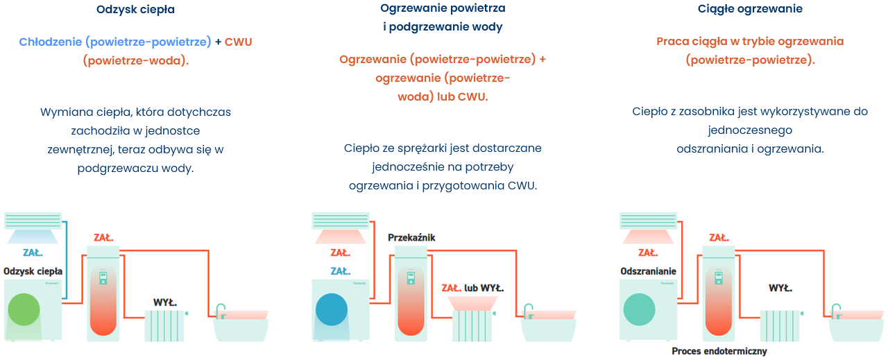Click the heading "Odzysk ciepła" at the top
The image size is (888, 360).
pos(135,10)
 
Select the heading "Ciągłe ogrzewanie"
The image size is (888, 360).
pos(750,9)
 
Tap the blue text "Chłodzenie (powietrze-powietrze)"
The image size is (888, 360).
pos(115,42)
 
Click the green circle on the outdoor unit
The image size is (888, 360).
pos(24,309)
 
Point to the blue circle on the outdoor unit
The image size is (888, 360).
pos(332,309)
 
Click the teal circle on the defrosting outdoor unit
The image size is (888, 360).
pos(639,309)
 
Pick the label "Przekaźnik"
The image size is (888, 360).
pos(411,238)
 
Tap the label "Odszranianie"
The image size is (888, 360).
pos(648,271)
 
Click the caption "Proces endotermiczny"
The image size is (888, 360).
pos(719,351)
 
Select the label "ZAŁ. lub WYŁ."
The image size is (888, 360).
pos(472,288)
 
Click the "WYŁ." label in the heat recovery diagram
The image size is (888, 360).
pos(165,302)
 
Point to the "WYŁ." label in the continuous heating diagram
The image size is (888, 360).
pos(780,288)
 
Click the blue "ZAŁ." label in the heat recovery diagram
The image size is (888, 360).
pos(33,253)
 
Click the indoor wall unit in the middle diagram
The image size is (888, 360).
pos(340,221)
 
